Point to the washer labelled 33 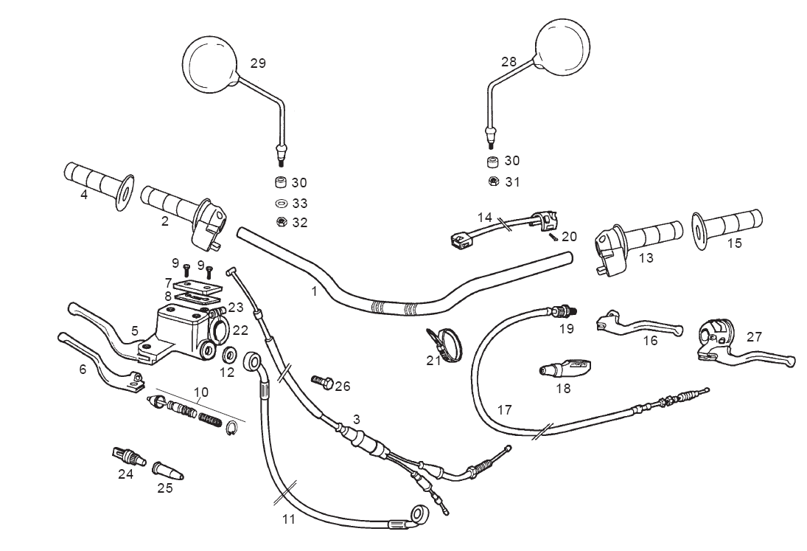[281, 203]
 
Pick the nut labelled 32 [281, 222]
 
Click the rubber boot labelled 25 [167, 470]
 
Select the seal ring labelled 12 [229, 356]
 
